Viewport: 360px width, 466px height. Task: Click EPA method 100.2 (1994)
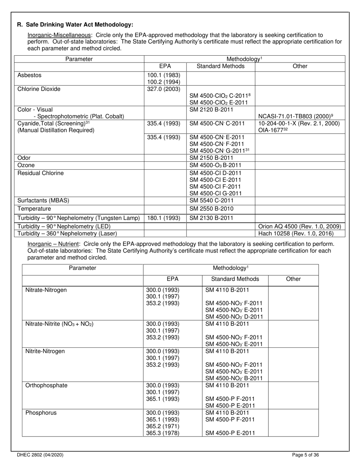(164, 82)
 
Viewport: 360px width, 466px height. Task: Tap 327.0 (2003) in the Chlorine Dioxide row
(164, 89)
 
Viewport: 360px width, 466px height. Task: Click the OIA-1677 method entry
(271, 130)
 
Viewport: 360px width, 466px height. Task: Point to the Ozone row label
(26, 165)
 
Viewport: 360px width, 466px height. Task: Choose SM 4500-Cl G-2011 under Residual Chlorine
(215, 193)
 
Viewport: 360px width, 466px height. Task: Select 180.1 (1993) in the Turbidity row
(164, 218)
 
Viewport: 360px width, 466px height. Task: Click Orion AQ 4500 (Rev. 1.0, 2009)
(299, 227)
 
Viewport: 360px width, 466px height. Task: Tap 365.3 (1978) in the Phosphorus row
(163, 433)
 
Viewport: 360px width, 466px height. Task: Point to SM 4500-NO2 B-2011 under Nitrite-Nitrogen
(234, 378)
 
